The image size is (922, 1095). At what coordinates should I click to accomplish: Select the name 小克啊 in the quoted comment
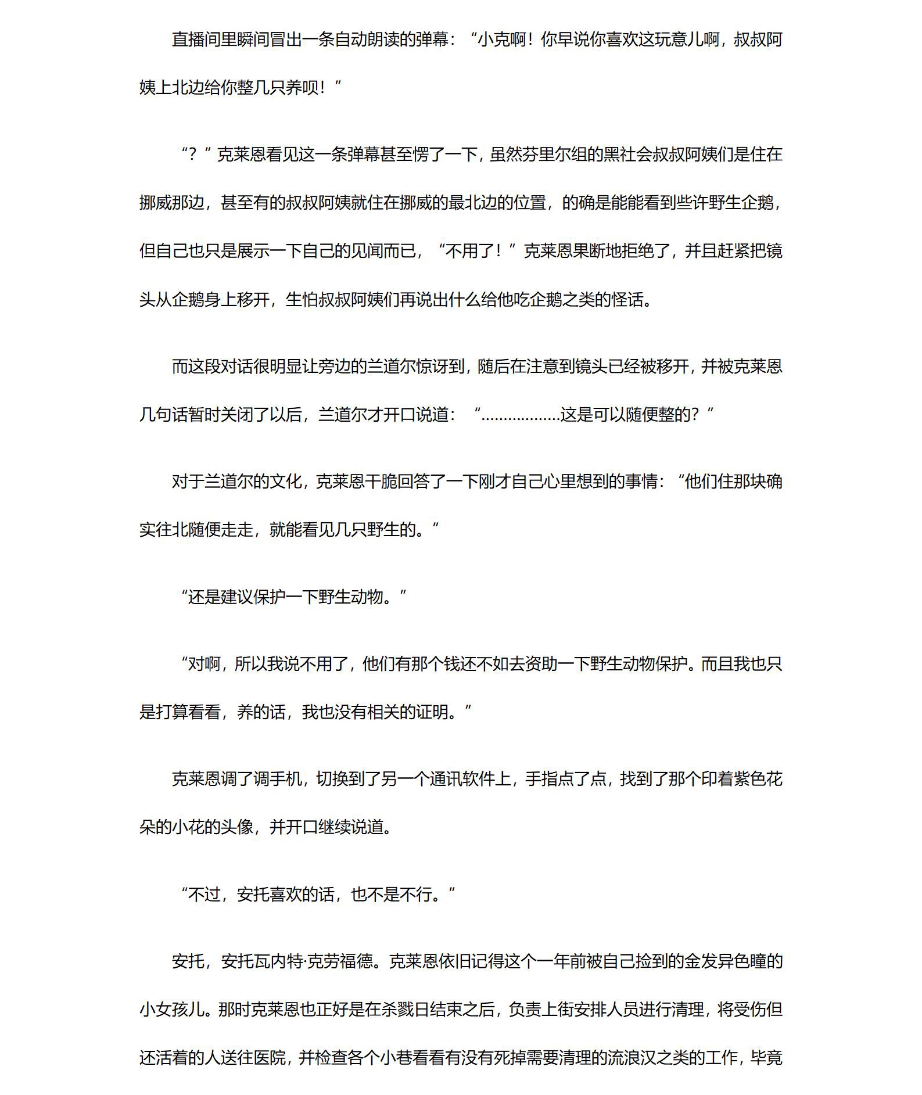pos(501,40)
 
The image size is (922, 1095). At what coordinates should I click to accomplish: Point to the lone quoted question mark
pos(193,155)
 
